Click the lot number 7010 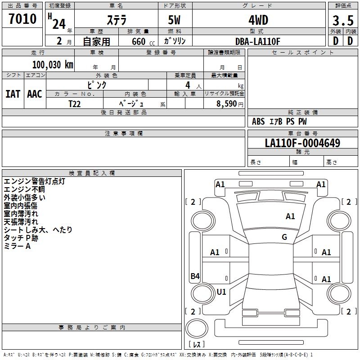pos(22,19)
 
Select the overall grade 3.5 pos(343,21)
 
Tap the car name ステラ pos(116,20)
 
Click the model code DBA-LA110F pos(258,41)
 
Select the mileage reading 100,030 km pos(53,65)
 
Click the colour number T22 pos(75,103)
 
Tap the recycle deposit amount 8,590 pos(227,103)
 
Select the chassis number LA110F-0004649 pos(302,143)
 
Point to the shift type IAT pos(13,94)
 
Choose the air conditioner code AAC pos(35,94)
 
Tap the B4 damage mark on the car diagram pos(195,276)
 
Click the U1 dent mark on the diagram pos(221,292)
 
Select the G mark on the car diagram pos(284,237)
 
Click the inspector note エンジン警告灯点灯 pos(34,181)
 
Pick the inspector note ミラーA pos(17,246)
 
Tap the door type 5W pos(175,20)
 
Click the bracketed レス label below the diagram pos(196,345)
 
